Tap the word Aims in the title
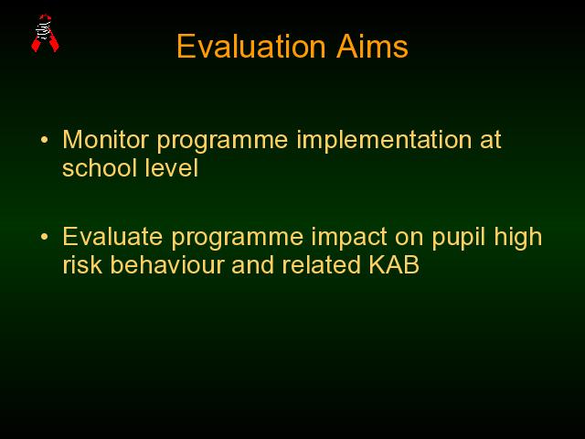point(372,47)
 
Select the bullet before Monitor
point(45,140)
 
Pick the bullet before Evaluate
point(45,237)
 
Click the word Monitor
point(106,140)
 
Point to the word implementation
point(384,141)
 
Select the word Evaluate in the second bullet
point(112,237)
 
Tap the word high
point(518,238)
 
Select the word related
point(321,264)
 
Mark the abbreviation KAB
point(394,264)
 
